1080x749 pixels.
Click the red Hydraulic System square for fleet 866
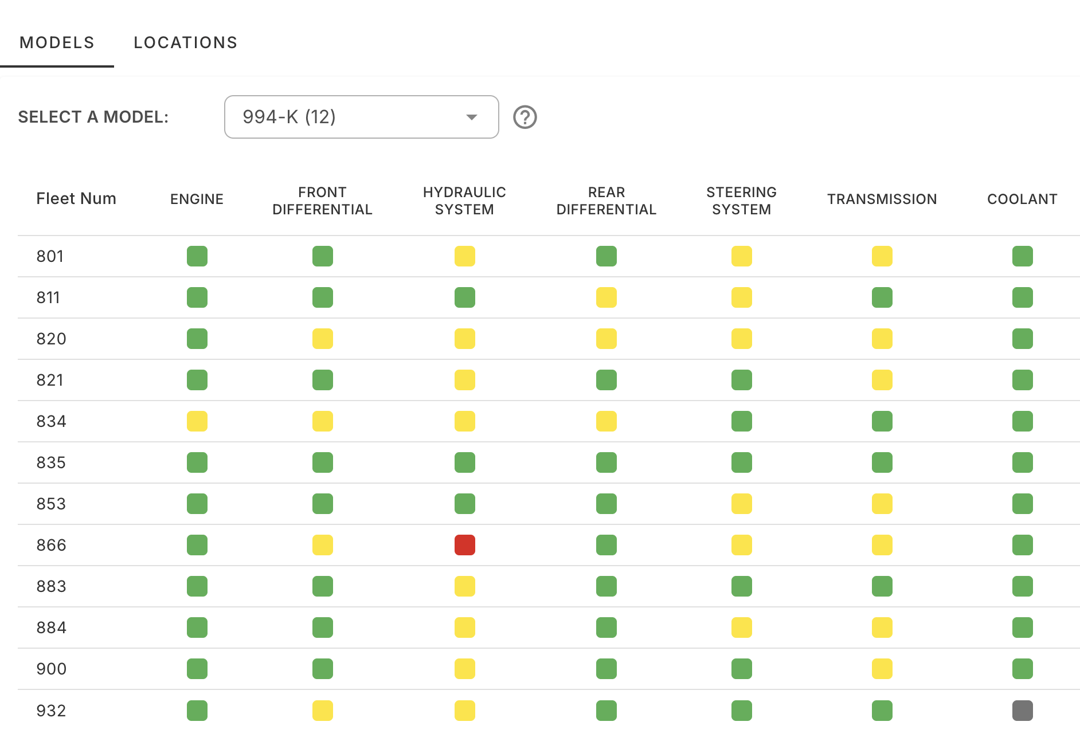click(464, 545)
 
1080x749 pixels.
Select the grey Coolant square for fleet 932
click(1022, 711)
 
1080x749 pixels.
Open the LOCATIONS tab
click(185, 42)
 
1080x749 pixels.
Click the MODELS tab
click(57, 42)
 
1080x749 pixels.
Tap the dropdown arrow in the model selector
click(471, 117)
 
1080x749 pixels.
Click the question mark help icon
click(525, 117)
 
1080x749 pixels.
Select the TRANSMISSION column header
click(882, 199)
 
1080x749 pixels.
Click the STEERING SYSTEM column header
click(741, 201)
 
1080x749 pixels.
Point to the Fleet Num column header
click(76, 199)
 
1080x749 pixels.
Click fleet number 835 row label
click(51, 462)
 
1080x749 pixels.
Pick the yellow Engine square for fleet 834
click(197, 421)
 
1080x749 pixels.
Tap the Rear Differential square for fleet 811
click(606, 297)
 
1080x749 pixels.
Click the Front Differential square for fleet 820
click(322, 339)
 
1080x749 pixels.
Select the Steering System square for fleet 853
click(741, 504)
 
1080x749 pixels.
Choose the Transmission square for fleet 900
click(882, 669)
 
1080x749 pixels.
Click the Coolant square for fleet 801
click(1022, 256)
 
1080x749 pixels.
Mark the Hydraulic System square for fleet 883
click(464, 586)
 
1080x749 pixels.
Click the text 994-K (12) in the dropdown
click(289, 117)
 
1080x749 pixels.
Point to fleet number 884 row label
click(51, 628)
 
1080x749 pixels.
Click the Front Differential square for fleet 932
click(322, 711)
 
